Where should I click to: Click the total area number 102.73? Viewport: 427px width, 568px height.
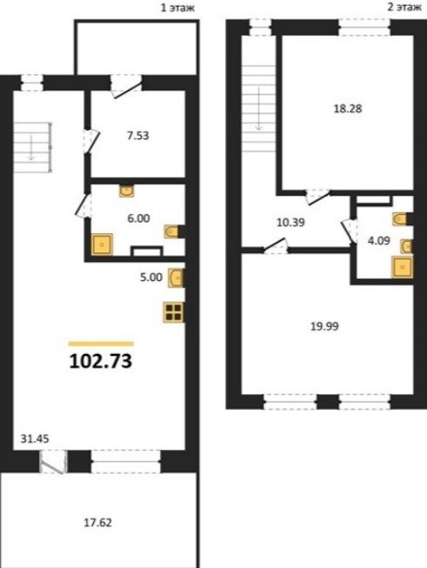click(x=100, y=361)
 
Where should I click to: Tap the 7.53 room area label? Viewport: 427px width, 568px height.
click(x=138, y=136)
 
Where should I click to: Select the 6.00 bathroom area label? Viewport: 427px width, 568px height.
click(x=139, y=218)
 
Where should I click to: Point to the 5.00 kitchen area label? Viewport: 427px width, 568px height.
click(x=151, y=277)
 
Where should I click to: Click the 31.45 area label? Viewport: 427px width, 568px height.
click(x=35, y=438)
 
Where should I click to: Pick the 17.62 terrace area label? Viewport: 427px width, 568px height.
click(x=97, y=523)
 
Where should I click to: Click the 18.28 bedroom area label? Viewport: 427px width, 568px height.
click(x=348, y=109)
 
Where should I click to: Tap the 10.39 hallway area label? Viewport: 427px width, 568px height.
click(x=290, y=223)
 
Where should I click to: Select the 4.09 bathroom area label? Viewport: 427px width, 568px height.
click(x=379, y=241)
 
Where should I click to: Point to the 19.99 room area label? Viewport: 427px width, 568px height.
click(x=324, y=326)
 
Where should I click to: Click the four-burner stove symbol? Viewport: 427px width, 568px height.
click(x=173, y=312)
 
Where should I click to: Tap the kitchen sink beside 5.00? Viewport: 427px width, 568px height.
click(x=177, y=277)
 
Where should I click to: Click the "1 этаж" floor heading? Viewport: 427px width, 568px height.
click(x=177, y=8)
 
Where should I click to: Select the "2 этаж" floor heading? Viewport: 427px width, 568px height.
click(x=404, y=7)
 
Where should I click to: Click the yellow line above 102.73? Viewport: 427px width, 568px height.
click(x=101, y=344)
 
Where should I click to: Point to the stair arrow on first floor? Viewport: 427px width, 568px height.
click(x=31, y=148)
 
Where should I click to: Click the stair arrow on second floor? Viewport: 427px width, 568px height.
click(x=258, y=109)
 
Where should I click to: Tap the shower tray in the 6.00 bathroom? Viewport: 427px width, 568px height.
click(x=102, y=244)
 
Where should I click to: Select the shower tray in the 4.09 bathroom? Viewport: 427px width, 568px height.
click(x=402, y=267)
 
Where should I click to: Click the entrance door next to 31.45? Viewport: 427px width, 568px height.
click(x=53, y=462)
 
